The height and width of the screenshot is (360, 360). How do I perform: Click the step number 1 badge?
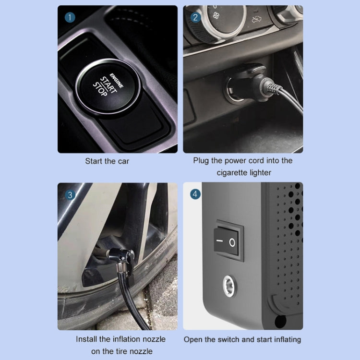pos(71,18)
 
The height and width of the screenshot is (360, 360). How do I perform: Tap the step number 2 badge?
pos(195,18)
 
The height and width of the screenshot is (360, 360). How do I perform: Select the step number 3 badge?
pos(71,195)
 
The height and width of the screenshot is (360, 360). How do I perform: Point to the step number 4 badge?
pos(195,195)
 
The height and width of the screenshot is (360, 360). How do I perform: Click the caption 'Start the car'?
pos(107,161)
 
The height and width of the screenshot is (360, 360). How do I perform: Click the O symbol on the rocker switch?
pos(233,242)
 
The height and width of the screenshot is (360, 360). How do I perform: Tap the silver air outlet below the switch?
pos(229,286)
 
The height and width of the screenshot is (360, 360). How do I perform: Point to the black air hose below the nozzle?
pos(130,302)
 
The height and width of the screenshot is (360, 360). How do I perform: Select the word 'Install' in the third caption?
pos(88,339)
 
